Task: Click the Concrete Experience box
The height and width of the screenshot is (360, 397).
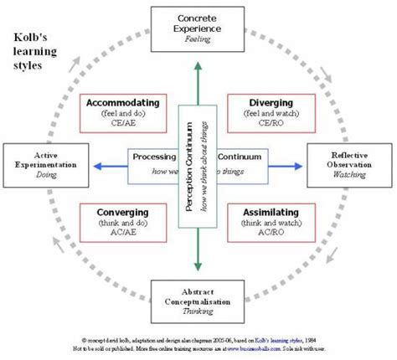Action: coord(198,27)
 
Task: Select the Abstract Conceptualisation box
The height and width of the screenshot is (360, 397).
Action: coord(198,300)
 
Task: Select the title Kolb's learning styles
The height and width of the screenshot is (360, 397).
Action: coord(35,51)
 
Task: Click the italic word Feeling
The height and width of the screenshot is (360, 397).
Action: coord(198,38)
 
